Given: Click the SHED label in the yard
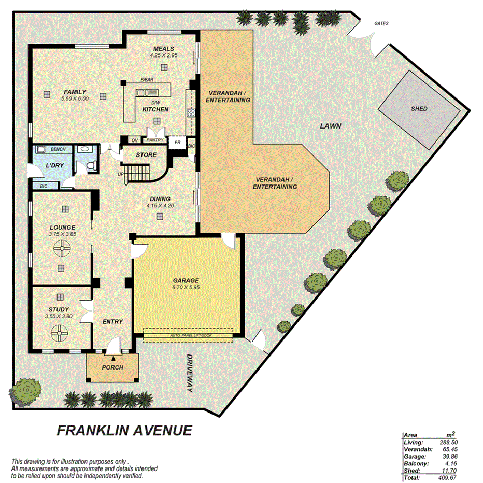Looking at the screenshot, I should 419,109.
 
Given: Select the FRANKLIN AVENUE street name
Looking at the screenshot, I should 124,430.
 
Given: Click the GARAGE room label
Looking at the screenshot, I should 186,280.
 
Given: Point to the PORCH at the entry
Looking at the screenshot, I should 113,367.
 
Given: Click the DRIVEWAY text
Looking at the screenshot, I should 190,373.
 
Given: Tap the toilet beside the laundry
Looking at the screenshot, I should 91,165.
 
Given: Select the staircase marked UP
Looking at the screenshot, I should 138,173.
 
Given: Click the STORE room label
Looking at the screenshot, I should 146,155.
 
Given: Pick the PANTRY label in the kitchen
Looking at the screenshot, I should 155,140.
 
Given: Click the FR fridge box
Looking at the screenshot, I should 177,141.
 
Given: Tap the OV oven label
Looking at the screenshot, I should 134,140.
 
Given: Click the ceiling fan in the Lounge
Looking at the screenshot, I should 62,250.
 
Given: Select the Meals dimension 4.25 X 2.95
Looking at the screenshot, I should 164,55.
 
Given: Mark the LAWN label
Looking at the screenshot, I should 330,126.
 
